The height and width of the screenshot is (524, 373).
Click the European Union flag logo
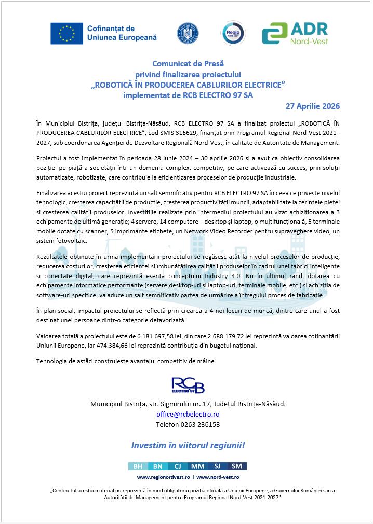click(66, 34)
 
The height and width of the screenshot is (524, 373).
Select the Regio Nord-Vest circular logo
click(232, 34)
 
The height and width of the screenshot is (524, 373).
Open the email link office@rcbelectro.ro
click(188, 415)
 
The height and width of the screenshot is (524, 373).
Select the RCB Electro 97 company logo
click(188, 385)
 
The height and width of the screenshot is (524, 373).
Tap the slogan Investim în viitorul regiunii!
click(188, 445)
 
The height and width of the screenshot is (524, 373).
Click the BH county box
click(138, 466)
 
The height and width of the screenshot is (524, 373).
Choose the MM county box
click(197, 466)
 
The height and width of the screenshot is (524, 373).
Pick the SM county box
click(237, 466)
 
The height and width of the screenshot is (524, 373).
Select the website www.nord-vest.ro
click(218, 477)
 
